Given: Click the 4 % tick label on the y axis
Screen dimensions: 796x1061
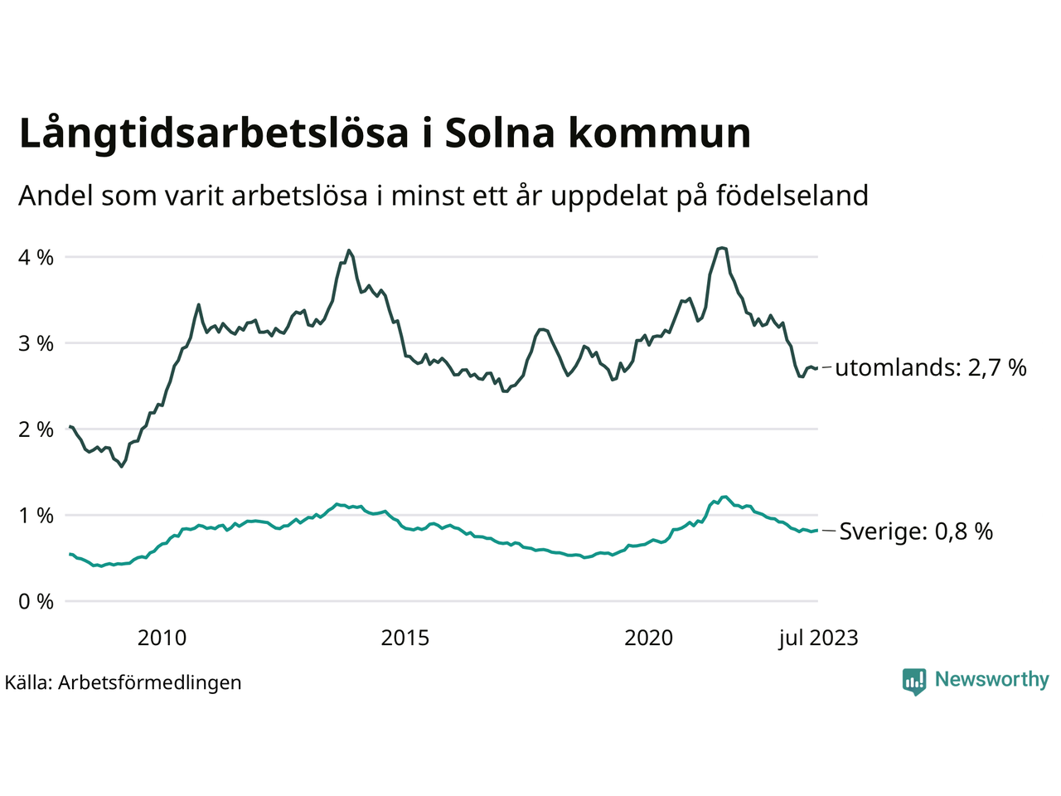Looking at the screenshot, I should click(36, 258).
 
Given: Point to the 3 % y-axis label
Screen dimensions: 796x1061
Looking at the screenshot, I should click(36, 343).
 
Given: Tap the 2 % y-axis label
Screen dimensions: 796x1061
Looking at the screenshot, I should click(36, 430).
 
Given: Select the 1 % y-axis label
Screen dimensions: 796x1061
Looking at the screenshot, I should click(36, 516).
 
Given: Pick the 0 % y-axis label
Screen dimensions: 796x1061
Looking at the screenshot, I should click(36, 602).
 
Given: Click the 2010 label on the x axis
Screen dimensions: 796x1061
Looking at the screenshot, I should click(162, 638).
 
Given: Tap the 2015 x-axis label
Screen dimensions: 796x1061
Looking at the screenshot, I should click(405, 638).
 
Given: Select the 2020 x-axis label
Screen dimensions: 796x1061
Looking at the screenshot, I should click(649, 638).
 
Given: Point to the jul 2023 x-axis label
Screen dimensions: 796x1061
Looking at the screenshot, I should click(818, 638).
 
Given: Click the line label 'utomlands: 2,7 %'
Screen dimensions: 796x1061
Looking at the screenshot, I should click(931, 367).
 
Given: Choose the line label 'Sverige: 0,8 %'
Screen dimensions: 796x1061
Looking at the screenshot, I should click(916, 531).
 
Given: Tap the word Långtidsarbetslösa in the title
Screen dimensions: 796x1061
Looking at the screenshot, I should click(214, 133).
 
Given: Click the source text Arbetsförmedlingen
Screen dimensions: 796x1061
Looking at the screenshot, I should click(150, 682).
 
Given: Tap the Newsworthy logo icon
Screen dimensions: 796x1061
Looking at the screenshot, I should click(914, 682).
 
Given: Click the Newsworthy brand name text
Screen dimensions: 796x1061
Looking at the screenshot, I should click(991, 680).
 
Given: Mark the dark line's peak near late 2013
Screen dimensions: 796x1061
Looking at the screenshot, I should click(349, 250).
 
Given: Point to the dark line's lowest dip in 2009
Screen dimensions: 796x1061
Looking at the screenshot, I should click(122, 467).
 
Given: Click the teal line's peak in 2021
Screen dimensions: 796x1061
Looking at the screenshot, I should click(725, 497).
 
